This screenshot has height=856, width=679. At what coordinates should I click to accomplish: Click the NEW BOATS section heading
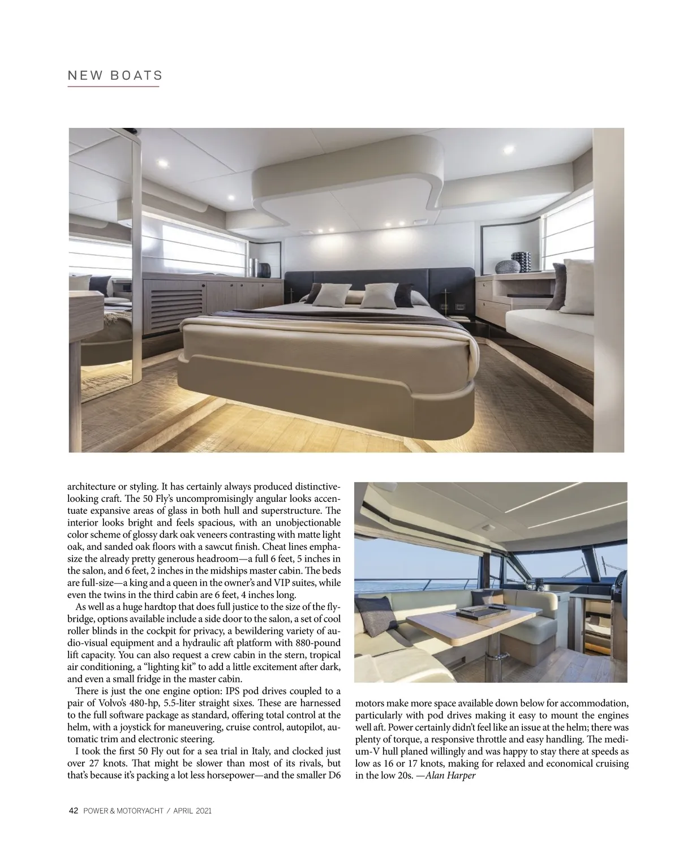[x=115, y=75]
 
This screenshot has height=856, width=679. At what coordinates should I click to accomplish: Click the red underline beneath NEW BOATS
[x=113, y=87]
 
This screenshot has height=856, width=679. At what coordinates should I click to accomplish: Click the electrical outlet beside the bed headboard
[x=461, y=306]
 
